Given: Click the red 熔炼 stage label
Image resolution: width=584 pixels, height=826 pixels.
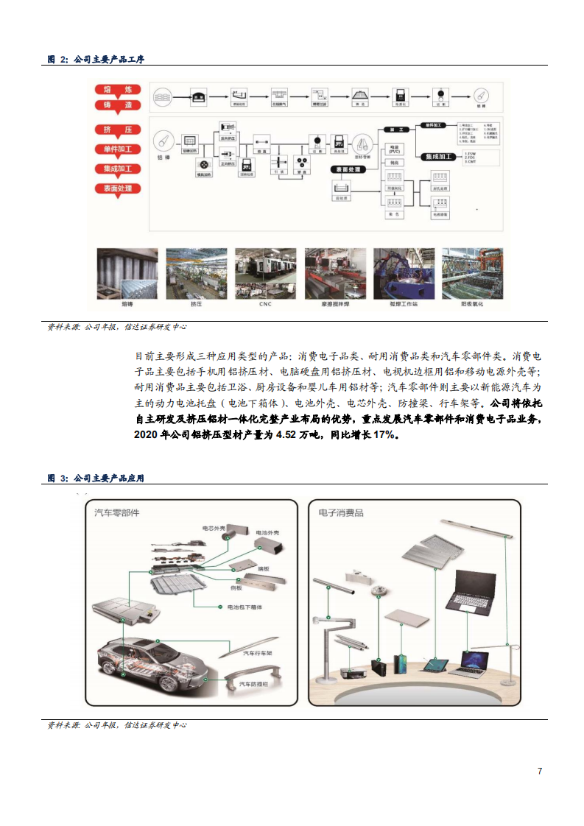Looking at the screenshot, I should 118,91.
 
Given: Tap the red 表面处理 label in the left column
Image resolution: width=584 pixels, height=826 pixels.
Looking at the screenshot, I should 118,189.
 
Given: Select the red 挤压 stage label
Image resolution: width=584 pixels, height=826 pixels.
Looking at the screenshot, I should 118,130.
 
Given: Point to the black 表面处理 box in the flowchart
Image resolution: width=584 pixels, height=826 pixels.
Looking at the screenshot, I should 348,169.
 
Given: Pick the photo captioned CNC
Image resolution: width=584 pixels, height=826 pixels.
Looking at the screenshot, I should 265,273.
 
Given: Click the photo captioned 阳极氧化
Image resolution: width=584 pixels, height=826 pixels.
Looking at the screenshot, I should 471,273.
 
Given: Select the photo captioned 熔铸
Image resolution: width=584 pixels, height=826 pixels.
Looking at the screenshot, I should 127,273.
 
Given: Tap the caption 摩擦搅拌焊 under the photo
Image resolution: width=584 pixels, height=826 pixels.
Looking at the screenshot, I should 334,303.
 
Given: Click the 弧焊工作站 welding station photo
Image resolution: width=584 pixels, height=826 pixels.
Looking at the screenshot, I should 403,273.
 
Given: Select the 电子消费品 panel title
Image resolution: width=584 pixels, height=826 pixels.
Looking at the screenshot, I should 341,512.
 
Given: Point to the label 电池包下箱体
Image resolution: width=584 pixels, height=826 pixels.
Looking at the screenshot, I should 245,607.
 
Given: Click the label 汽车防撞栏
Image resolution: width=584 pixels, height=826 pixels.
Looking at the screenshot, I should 255,684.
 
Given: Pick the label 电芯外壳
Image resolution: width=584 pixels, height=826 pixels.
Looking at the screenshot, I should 215,528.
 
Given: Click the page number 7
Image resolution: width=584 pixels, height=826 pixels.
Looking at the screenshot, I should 540,771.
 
